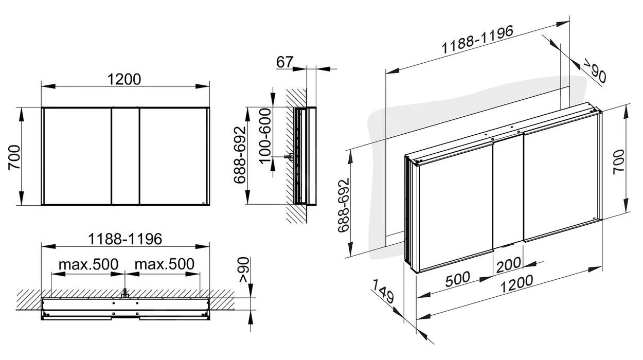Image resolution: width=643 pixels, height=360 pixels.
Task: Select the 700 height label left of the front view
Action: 14,156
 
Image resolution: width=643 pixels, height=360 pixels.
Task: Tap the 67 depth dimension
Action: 284,62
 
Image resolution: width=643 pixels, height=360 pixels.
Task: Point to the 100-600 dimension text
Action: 265,135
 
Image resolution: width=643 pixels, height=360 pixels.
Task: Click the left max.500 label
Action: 88,264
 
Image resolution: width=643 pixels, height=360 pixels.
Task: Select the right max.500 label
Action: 164,264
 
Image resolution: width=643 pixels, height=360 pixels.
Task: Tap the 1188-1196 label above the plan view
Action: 125,239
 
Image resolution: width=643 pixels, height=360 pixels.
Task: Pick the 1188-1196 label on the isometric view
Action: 477,40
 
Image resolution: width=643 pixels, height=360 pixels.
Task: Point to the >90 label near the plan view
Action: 243,271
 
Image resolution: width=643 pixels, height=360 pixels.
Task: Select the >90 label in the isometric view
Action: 594,70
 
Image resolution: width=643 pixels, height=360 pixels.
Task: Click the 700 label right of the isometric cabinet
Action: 618,161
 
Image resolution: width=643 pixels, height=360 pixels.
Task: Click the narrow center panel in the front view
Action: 125,156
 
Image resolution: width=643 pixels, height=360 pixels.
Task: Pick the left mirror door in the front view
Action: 77,156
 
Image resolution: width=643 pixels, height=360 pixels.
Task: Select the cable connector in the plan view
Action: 124,295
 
